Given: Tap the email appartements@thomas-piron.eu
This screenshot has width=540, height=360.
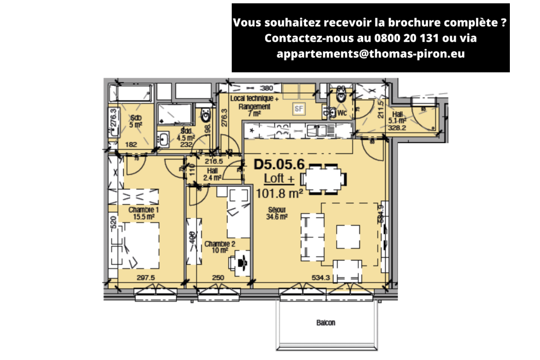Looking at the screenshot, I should (x=370, y=54).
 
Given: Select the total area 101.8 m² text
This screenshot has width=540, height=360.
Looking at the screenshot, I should (x=279, y=194).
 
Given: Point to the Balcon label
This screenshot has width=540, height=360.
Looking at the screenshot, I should (x=325, y=323).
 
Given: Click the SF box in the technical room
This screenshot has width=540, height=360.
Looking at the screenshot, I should (x=298, y=108).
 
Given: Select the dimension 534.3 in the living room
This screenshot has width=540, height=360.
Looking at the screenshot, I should (x=321, y=278).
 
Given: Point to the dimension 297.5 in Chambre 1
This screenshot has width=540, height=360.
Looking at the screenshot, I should (x=145, y=278).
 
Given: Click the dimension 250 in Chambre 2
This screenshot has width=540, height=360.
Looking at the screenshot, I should (x=218, y=278).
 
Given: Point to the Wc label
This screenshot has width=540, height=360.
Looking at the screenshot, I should (x=342, y=113).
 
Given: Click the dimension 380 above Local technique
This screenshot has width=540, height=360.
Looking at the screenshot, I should (x=267, y=88).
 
